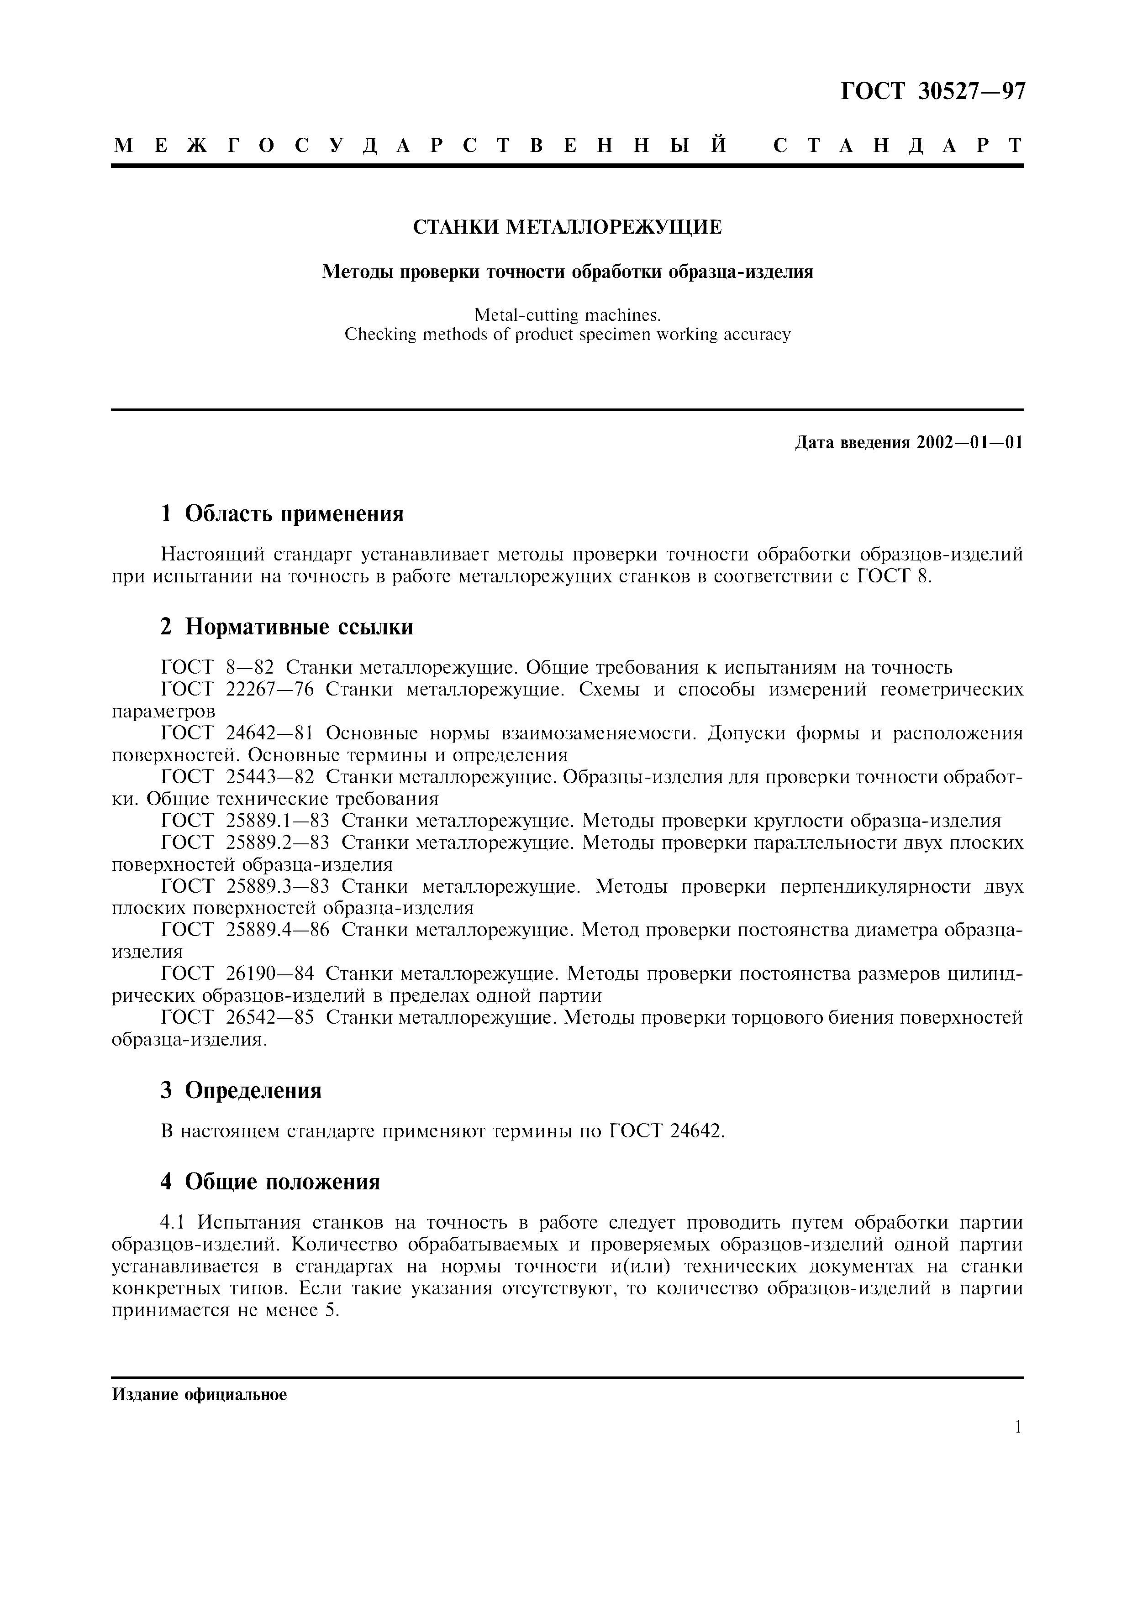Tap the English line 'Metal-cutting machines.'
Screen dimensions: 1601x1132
tap(567, 315)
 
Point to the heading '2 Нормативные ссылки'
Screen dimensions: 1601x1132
tap(287, 627)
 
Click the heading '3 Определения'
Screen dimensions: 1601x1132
tap(241, 1090)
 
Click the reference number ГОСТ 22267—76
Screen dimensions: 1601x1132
tap(237, 690)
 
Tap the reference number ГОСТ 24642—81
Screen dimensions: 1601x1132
tap(237, 733)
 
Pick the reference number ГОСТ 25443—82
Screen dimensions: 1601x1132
tap(237, 777)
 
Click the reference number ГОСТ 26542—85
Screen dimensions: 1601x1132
tap(237, 1017)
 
